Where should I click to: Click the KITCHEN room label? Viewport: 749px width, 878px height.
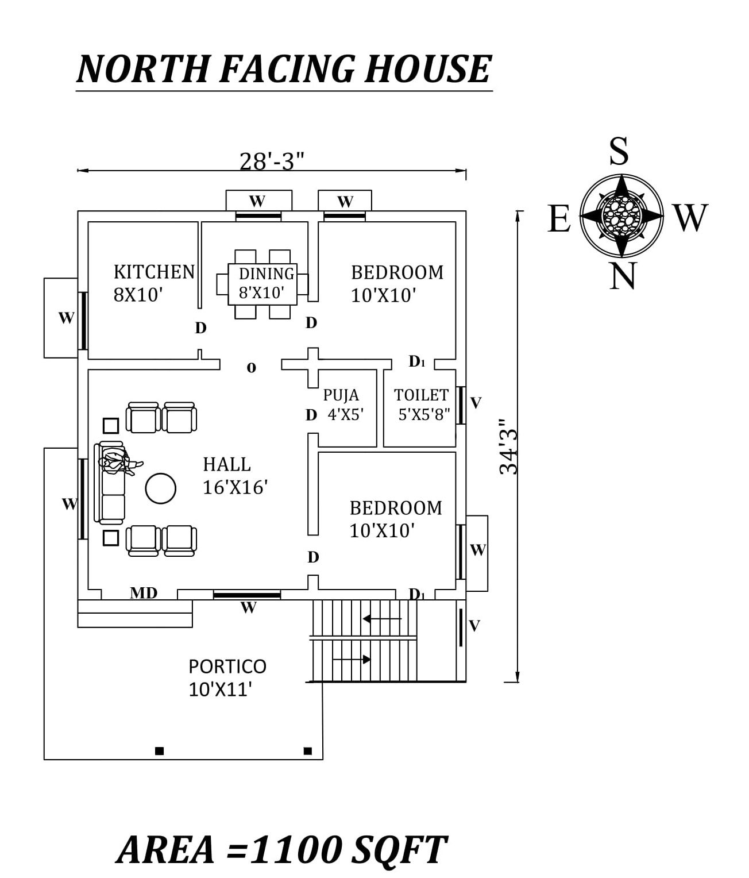154,272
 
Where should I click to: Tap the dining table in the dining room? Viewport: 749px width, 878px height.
262,284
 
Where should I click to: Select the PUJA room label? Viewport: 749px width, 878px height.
341,395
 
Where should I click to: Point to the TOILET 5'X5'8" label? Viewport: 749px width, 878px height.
422,405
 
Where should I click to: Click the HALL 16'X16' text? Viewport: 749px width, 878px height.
235,476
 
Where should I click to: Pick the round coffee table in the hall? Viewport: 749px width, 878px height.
161,488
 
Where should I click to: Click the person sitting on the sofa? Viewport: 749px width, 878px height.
118,462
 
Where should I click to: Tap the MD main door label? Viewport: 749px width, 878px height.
144,593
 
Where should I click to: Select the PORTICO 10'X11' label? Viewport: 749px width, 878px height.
227,677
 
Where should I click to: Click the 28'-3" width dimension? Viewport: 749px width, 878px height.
271,161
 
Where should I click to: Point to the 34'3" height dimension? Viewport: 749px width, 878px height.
509,446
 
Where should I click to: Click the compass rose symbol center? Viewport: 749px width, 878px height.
621,215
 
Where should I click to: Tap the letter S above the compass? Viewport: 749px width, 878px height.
619,152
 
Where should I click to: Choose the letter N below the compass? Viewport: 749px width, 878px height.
623,276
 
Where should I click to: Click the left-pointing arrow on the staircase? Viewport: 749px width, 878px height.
382,619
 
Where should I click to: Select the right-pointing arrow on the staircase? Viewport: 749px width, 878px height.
352,660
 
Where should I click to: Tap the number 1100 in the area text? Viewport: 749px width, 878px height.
296,850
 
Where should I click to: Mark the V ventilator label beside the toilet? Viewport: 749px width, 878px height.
476,403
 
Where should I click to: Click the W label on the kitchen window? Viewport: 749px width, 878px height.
66,318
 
